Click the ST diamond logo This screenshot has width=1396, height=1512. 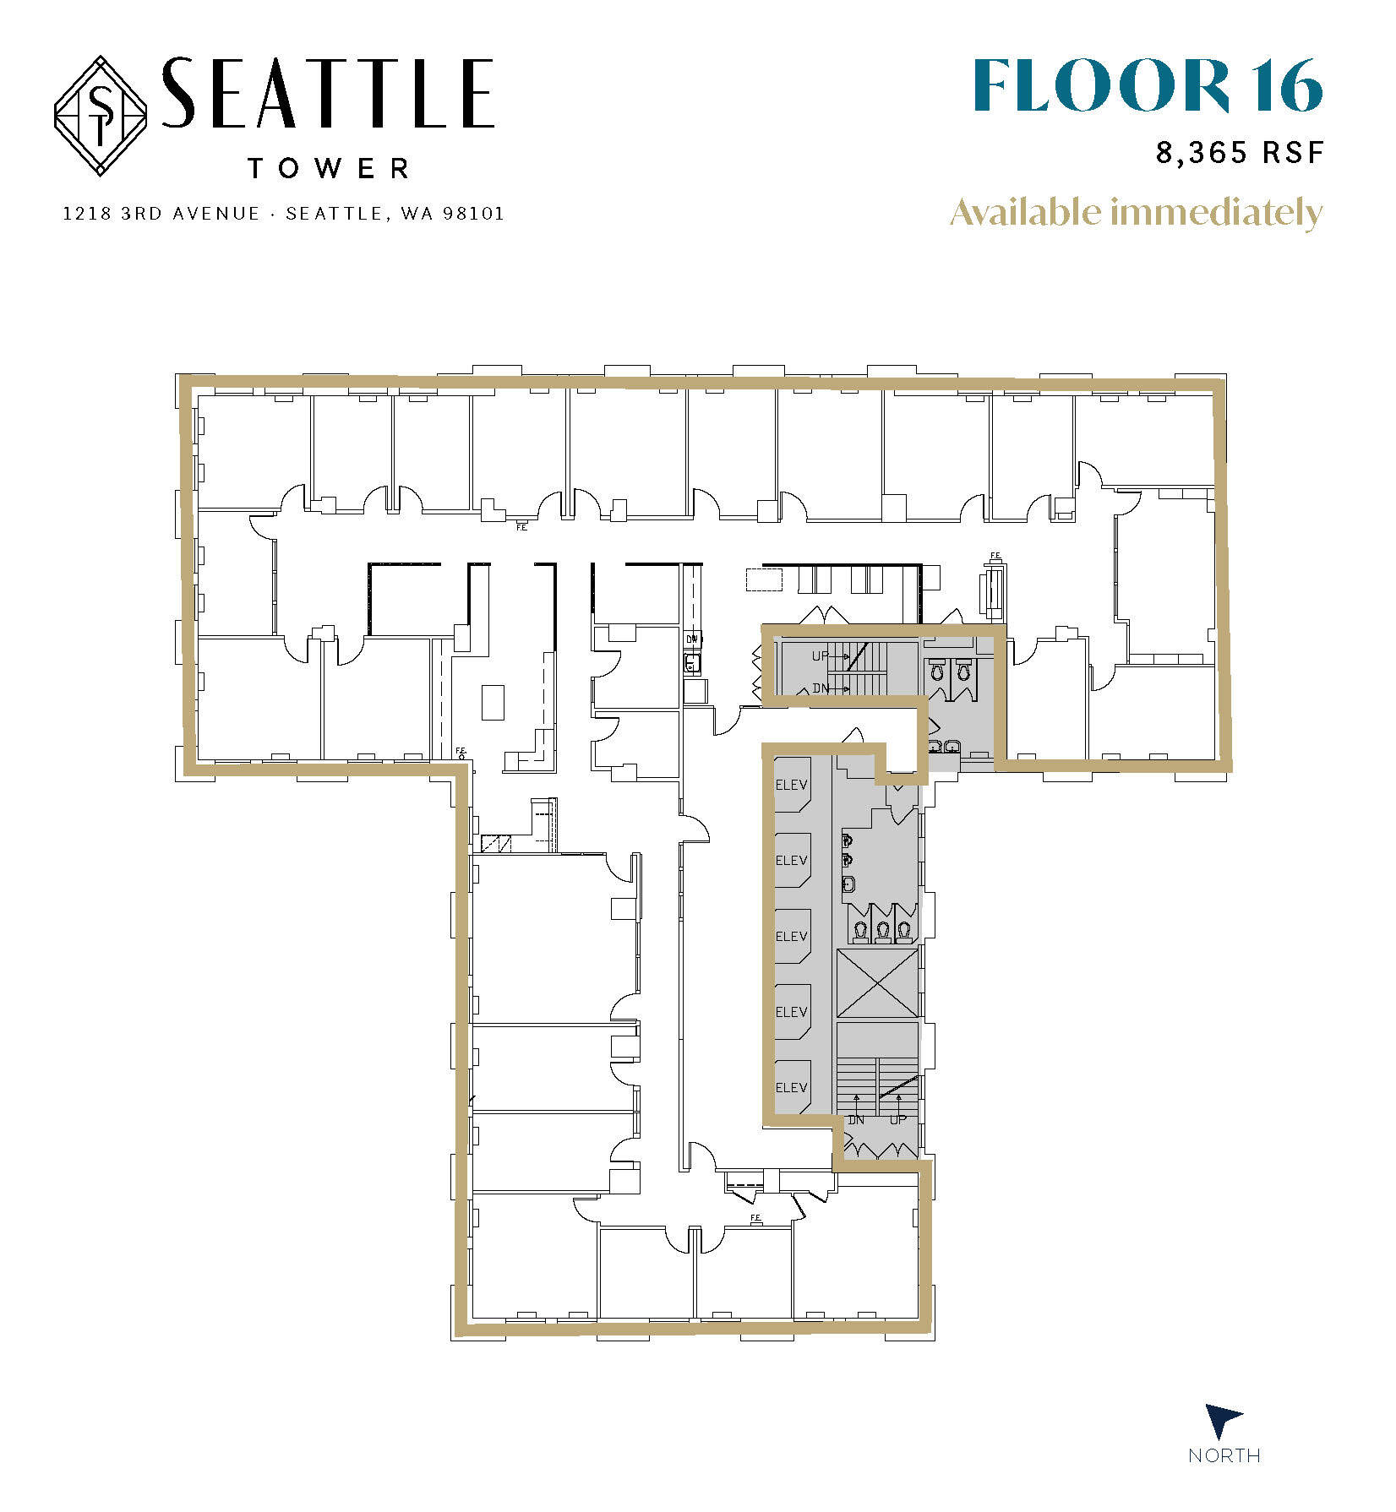pos(101,116)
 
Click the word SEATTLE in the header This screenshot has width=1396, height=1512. pos(328,94)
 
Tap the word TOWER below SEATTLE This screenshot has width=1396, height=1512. pos(329,169)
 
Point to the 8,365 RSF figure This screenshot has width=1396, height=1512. pos(1239,153)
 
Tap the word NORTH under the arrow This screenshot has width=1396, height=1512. pos(1224,1455)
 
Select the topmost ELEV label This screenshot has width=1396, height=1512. pos(792,785)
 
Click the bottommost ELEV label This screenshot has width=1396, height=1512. pos(792,1087)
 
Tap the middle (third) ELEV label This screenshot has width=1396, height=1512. pos(792,936)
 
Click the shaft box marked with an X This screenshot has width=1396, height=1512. pos(877,982)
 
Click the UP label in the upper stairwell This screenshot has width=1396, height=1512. pos(820,655)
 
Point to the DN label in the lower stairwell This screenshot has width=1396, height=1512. pos(856,1120)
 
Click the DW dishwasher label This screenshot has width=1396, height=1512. pos(692,639)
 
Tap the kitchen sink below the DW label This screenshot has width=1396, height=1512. pos(692,664)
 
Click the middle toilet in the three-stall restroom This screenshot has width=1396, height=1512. pos(883,930)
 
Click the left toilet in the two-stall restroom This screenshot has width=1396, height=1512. pos(936,672)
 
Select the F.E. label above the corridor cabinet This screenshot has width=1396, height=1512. pos(995,555)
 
